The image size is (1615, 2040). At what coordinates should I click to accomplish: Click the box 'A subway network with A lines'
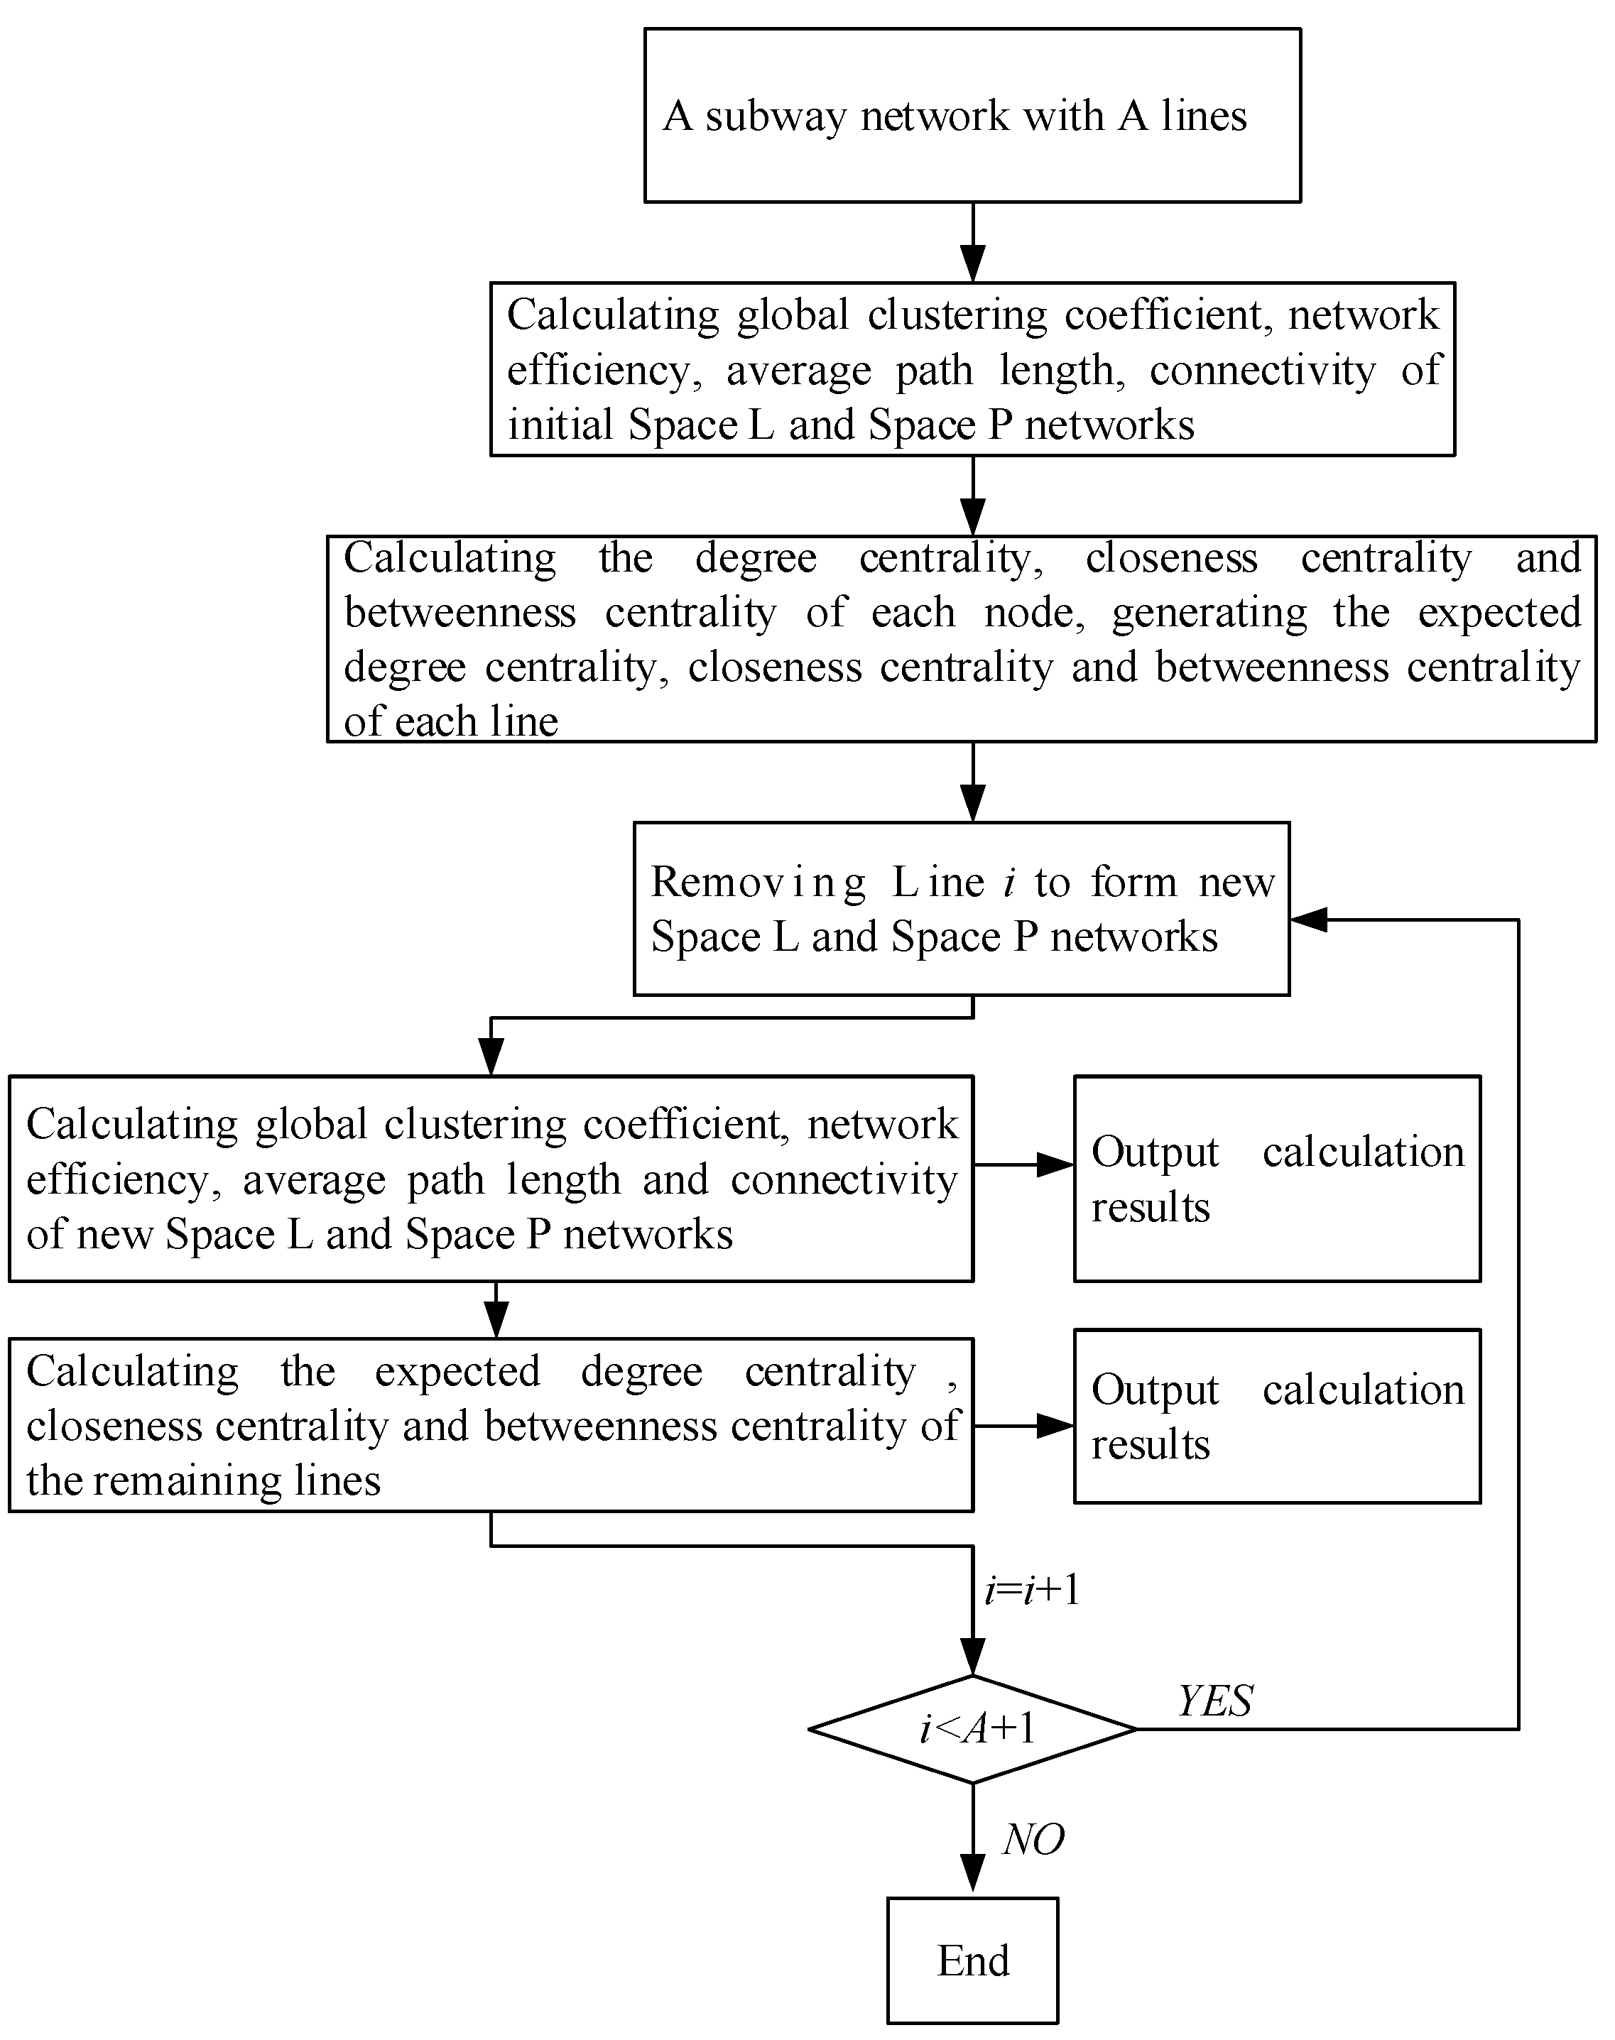click(x=972, y=115)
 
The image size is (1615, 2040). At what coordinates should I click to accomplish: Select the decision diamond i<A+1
click(x=972, y=1729)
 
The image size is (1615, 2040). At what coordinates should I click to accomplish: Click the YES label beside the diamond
click(x=1215, y=1701)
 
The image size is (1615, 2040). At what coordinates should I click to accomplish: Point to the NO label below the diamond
click(x=1033, y=1840)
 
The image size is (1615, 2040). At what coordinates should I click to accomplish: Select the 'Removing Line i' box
click(x=962, y=908)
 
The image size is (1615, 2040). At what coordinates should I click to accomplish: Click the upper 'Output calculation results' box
click(x=1276, y=1178)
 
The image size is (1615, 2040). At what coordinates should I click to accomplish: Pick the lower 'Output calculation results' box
click(x=1276, y=1416)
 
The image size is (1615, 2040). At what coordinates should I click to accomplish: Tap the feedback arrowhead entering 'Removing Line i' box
click(x=1309, y=919)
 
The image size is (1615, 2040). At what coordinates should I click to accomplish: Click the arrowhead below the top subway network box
click(x=972, y=263)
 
